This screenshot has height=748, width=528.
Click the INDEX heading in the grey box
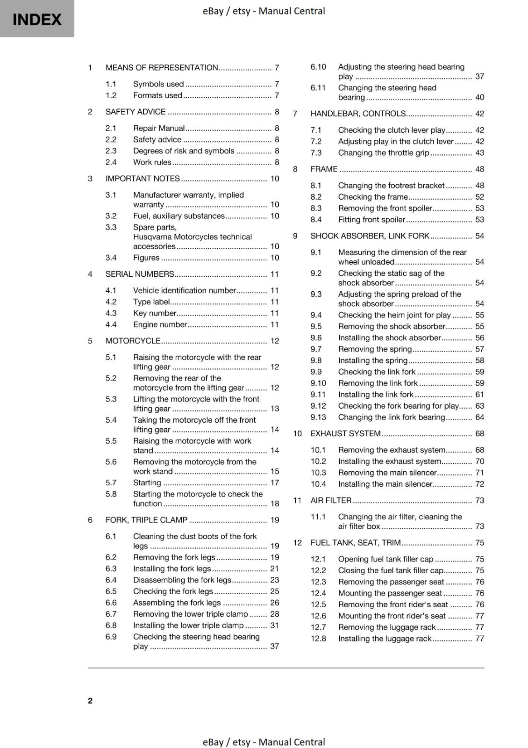(37, 20)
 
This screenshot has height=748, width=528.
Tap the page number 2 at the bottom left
(90, 700)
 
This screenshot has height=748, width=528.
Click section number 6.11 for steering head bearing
(318, 88)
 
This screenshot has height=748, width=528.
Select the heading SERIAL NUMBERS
(140, 274)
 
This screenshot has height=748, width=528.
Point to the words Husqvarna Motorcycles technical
(192, 237)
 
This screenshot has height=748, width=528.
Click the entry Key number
(155, 313)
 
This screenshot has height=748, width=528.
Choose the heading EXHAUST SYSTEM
(345, 434)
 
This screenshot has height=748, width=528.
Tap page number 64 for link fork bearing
(479, 417)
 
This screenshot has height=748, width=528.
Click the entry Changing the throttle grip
(383, 153)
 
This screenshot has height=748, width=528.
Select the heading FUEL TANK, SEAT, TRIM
(355, 543)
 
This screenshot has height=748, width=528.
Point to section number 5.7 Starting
(111, 483)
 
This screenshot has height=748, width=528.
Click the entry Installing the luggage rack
(385, 639)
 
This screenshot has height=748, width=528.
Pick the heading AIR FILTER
(331, 501)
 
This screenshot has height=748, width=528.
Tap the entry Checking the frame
(373, 197)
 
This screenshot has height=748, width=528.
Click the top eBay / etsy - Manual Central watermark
(264, 11)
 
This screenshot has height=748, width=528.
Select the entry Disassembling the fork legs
(182, 580)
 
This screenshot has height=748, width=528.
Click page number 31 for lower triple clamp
(274, 626)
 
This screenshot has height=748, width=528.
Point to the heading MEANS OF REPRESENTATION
(162, 68)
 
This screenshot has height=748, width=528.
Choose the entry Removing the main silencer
(387, 473)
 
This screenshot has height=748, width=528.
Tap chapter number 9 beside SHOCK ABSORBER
(295, 236)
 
